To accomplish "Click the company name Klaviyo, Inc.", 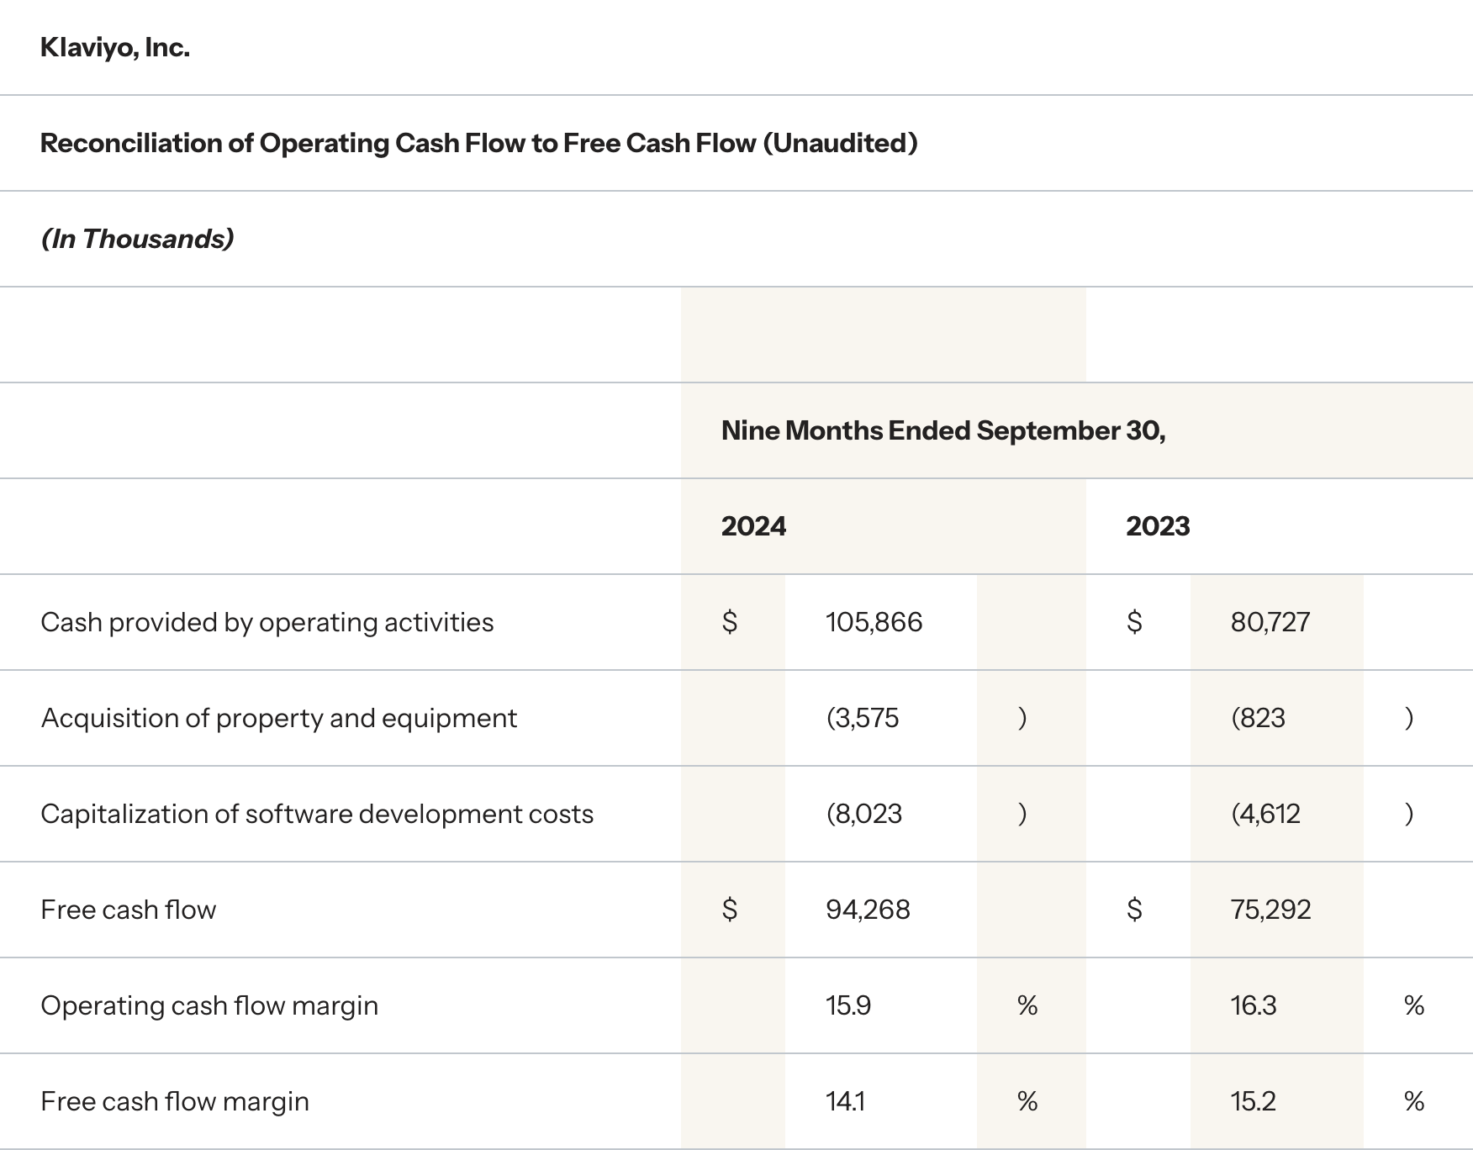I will coord(115,48).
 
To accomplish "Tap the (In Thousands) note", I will coord(137,240).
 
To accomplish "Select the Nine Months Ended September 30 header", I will coord(942,431).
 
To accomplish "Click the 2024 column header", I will coord(753,527).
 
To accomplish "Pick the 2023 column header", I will coord(1158,527).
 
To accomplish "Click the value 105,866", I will coord(874,623).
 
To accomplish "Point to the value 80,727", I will coord(1270,623).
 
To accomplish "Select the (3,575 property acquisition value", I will coord(863,719).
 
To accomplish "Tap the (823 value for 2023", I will coord(1258,719).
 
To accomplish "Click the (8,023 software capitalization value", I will coord(863,815).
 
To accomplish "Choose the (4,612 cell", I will coord(1265,815).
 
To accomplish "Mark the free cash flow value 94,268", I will coord(868,910).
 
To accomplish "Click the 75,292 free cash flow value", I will coord(1270,910).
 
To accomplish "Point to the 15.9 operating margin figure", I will coord(847,1006).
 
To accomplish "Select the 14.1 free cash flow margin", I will coord(845,1102).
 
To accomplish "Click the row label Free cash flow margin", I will coord(175,1102).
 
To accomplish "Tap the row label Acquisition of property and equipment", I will coord(278,719).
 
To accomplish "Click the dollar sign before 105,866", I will coord(730,623).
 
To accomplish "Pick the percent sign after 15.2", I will coord(1413,1102).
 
